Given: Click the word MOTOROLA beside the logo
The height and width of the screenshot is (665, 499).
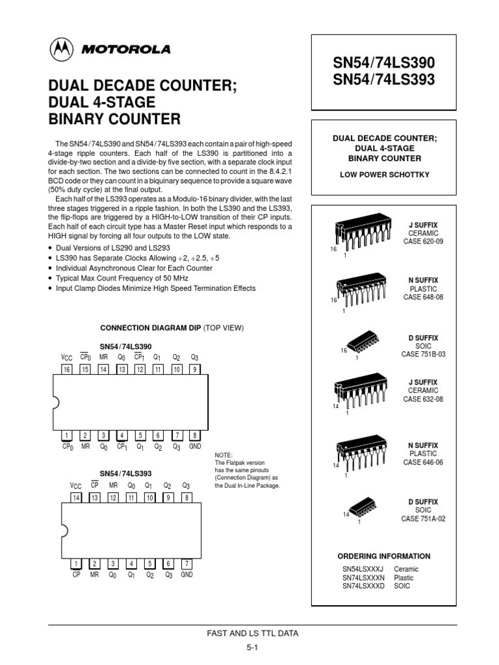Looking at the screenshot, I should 125,49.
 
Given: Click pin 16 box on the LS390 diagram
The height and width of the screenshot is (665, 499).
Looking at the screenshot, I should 66,369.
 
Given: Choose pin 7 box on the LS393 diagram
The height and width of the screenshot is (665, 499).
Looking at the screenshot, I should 186,564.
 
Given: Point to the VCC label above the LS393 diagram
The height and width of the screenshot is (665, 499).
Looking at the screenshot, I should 75,486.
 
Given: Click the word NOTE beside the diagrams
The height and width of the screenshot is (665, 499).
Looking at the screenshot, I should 223,455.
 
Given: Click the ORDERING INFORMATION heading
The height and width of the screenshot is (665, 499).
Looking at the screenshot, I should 383,556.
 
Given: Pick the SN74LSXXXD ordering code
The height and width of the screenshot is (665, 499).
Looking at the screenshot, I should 363,586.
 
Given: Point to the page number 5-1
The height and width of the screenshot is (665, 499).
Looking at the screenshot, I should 253,647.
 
